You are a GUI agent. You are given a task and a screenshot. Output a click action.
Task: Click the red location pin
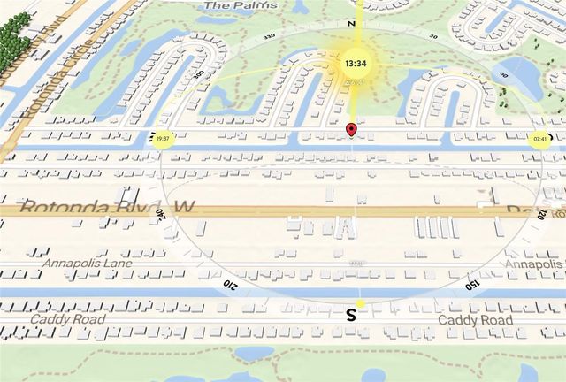[x=351, y=131]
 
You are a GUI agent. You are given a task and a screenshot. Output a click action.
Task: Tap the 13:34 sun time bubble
[x=356, y=64]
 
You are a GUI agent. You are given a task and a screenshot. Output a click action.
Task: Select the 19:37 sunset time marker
[x=162, y=139]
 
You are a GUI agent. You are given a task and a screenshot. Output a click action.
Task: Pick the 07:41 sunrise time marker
[x=539, y=139]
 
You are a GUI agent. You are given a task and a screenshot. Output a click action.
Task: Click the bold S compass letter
[x=351, y=314]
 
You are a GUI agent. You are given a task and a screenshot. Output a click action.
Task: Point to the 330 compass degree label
[x=269, y=35]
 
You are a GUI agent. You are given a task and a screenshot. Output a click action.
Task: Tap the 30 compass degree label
[x=433, y=36]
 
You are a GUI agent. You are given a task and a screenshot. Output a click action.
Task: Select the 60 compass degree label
[x=503, y=75]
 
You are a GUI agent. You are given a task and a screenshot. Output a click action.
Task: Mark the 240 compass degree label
[x=160, y=214]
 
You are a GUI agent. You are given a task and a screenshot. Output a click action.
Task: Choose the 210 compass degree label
[x=229, y=283]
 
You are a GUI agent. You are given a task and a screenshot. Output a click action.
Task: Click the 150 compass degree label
[x=473, y=284]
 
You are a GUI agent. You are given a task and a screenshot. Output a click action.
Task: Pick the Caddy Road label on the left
[x=66, y=317]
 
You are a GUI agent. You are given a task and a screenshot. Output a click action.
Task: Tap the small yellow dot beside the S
[x=360, y=303]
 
